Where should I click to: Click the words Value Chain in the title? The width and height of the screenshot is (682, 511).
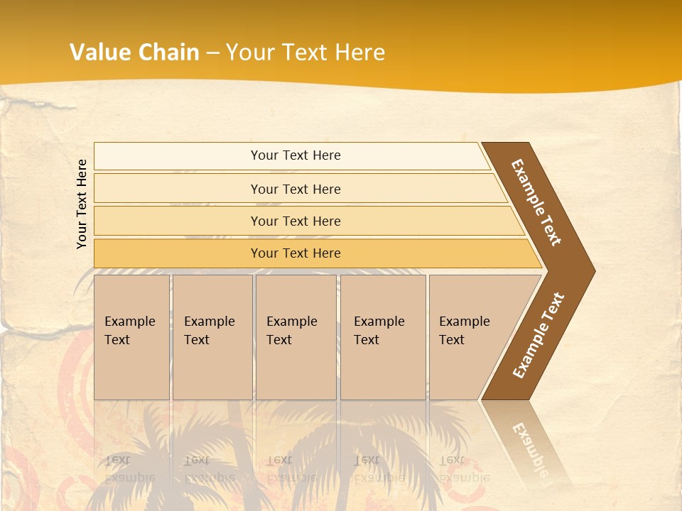(x=134, y=53)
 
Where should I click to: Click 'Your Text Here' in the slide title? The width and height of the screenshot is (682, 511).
(x=305, y=53)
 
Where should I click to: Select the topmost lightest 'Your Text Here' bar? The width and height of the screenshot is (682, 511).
(x=295, y=155)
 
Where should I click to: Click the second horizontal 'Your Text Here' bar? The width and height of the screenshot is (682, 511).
(x=295, y=189)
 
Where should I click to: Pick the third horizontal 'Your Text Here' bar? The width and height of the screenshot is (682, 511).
(x=295, y=221)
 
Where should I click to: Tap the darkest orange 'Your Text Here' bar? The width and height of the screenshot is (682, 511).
(x=295, y=253)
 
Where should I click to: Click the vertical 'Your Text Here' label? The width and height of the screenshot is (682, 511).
(x=82, y=204)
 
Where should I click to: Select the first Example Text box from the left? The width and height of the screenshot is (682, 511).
(x=131, y=337)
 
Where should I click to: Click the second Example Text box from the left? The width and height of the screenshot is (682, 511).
(x=212, y=337)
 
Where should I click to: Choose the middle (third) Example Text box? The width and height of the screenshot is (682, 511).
(x=296, y=337)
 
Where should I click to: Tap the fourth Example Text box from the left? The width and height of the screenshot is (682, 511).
(x=382, y=337)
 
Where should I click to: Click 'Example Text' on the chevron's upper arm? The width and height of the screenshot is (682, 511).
(x=536, y=202)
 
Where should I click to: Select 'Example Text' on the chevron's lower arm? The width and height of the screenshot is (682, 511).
(x=538, y=335)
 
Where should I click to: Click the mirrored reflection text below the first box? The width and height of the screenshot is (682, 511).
(x=129, y=469)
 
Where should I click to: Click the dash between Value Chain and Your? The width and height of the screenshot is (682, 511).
(x=212, y=53)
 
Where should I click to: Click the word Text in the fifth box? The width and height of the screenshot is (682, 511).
(x=452, y=340)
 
